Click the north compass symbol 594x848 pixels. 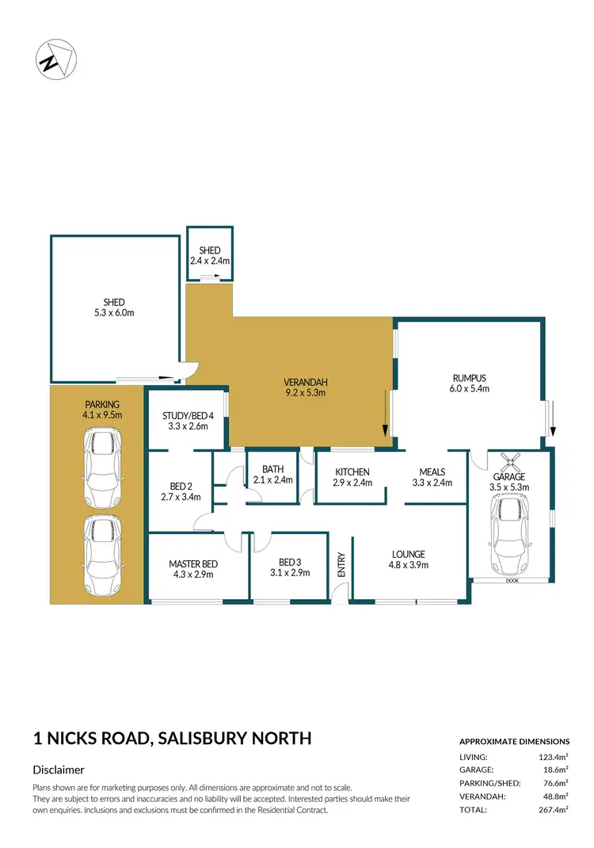[x=57, y=59]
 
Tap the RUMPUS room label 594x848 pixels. [x=469, y=378]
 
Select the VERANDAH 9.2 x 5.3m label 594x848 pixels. [x=305, y=386]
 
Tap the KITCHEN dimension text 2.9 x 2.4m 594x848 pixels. [x=351, y=483]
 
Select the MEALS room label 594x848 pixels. [x=432, y=472]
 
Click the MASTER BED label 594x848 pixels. [x=192, y=564]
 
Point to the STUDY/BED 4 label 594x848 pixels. [x=188, y=414]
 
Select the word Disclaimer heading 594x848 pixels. [x=59, y=770]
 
